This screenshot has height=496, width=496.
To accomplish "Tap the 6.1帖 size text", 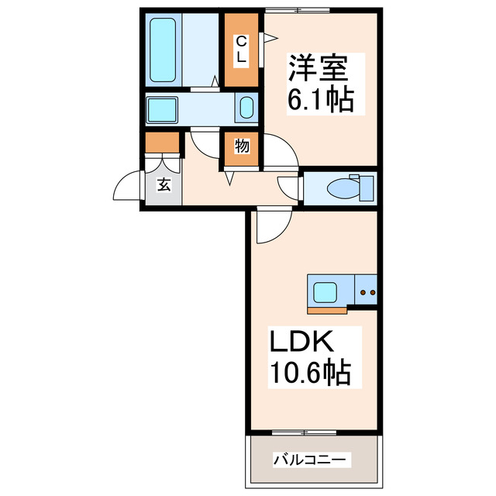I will coord(321,99).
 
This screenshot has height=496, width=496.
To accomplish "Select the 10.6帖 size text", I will coord(310,374).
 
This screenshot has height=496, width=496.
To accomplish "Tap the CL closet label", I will coord(241,49).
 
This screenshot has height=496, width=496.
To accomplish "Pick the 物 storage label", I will coord(241,146).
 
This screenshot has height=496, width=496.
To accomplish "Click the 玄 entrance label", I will coord(164,184).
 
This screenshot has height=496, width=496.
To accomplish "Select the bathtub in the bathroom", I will coord(165,50).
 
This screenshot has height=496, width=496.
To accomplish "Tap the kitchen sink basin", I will coord(325,293).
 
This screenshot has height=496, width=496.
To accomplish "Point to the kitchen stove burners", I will coord(366,293).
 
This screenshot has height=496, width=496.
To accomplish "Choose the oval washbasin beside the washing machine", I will coord(246,108).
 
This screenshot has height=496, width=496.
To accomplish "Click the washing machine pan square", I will coord(163,108).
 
